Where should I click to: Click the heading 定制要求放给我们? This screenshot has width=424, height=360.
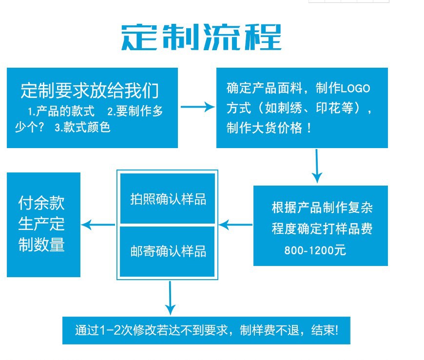(90, 91)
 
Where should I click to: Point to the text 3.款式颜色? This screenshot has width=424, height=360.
(82, 128)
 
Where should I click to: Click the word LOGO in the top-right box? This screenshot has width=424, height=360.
(355, 89)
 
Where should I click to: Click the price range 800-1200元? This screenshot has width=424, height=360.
(315, 251)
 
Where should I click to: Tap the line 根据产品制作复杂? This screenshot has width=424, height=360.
(322, 208)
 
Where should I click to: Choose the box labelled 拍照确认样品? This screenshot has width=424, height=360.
(168, 199)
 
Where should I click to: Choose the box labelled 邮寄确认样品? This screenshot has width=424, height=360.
(168, 251)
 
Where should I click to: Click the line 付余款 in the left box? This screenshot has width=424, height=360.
(41, 202)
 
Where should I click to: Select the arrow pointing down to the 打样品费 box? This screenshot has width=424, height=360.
(317, 166)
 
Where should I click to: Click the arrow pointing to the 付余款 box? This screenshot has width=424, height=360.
(98, 225)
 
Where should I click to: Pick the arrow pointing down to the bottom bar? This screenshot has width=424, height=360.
(170, 298)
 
